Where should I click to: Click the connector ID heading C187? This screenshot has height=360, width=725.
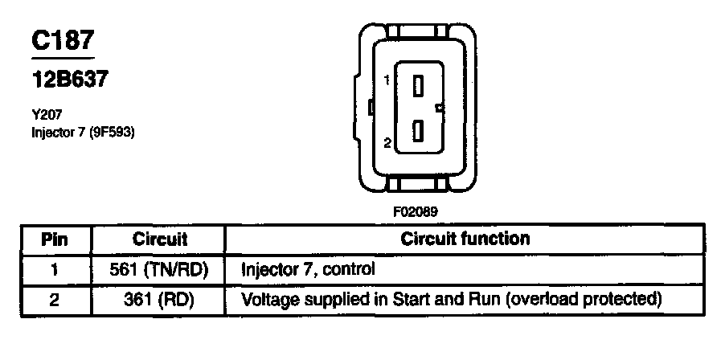(63, 43)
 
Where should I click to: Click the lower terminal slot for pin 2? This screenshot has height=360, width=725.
(418, 131)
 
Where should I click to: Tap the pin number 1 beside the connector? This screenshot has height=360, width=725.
(387, 80)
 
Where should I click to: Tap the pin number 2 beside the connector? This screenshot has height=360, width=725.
(387, 144)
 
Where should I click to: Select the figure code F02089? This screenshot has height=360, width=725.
(416, 211)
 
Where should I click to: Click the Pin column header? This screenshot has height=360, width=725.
(55, 239)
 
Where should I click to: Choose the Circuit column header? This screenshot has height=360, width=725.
(159, 239)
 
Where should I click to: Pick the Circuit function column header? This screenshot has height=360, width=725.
(465, 239)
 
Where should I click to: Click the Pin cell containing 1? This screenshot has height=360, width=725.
(55, 269)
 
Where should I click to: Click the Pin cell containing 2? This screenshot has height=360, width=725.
(55, 300)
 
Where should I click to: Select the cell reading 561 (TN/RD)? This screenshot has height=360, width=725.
(159, 269)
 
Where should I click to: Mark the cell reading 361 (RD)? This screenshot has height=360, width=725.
(159, 300)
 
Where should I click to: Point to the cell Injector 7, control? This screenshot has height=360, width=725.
(309, 269)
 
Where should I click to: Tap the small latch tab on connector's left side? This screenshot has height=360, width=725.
(368, 107)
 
